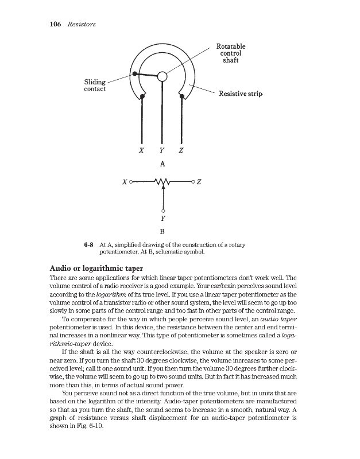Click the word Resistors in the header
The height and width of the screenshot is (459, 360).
(x=80, y=25)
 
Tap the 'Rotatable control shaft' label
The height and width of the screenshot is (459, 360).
(x=231, y=53)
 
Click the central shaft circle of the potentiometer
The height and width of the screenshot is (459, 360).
(x=162, y=76)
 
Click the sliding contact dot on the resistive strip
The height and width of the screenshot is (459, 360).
(x=134, y=73)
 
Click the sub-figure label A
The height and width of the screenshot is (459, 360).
(x=162, y=164)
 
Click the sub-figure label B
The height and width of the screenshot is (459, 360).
(x=162, y=232)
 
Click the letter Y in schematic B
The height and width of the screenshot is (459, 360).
(x=163, y=219)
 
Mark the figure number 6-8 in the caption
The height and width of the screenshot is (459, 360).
(x=88, y=245)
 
